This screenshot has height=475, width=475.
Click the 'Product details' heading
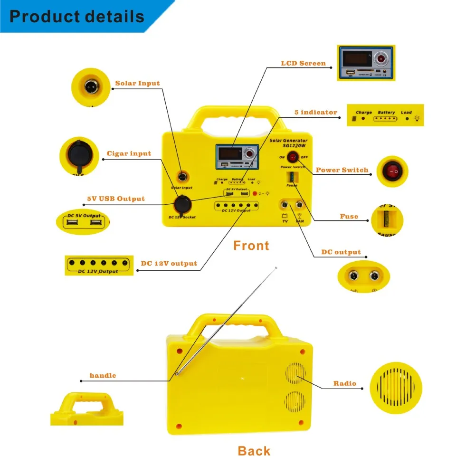tap(77, 17)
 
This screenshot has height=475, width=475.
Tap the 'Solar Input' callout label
tap(137, 84)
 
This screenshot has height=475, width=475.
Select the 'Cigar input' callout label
tap(129, 153)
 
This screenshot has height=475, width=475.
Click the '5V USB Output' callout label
tap(116, 199)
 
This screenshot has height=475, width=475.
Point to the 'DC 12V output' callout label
tap(169, 264)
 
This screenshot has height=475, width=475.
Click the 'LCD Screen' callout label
tap(304, 63)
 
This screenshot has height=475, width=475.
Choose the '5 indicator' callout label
tap(315, 113)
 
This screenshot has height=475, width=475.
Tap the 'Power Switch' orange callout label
tap(342, 170)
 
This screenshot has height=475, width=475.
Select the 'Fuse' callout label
tap(349, 217)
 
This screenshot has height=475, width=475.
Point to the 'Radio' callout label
tap(344, 383)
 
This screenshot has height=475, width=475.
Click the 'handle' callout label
tap(103, 376)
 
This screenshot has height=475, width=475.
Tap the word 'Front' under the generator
tap(251, 246)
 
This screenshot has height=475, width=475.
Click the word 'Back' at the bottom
tap(254, 451)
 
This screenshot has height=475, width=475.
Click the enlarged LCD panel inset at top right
tap(365, 63)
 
